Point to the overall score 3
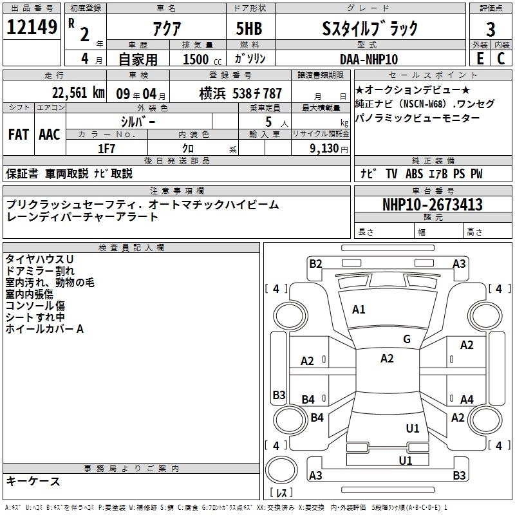[x=491, y=30]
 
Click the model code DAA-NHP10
[x=368, y=59]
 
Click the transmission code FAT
[x=18, y=134]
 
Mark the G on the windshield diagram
[x=406, y=339]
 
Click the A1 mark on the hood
[x=359, y=310]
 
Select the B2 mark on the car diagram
[x=315, y=263]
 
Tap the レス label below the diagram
[x=281, y=494]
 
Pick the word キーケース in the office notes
[x=33, y=481]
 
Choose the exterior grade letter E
[x=479, y=59]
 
